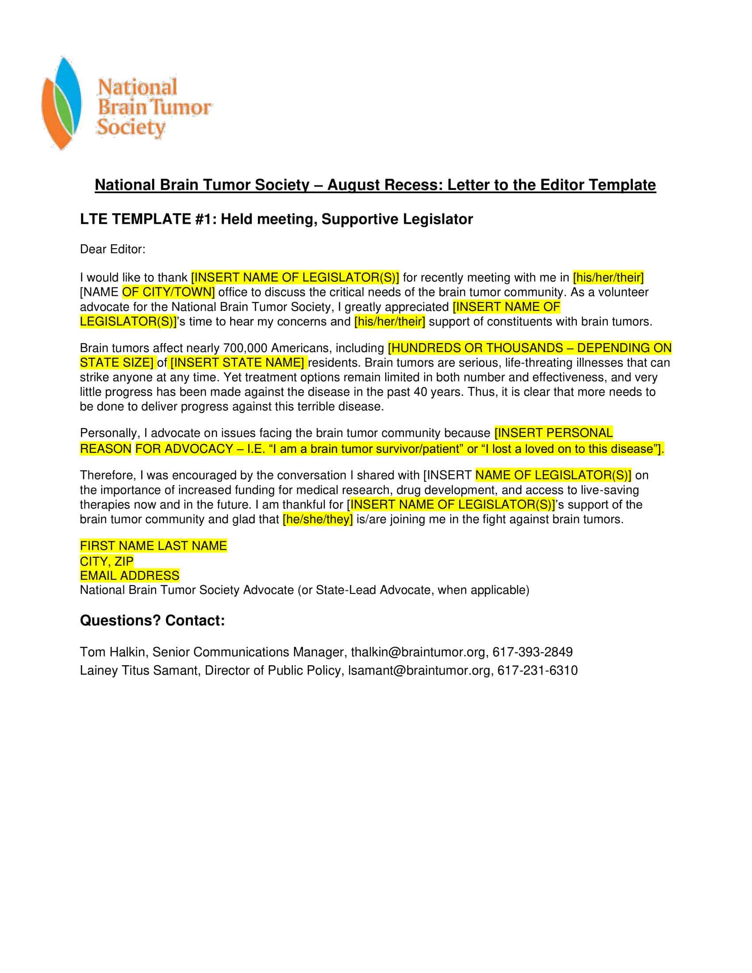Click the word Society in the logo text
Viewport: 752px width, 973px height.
131,127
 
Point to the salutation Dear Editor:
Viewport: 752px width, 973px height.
112,249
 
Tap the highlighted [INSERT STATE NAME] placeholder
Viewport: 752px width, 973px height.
238,363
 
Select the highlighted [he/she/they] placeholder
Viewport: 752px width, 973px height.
318,520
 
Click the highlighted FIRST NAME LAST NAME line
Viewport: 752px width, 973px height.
153,546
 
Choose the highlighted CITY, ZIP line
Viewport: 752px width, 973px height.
107,561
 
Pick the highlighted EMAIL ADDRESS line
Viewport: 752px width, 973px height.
130,575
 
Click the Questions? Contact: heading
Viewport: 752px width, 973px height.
152,621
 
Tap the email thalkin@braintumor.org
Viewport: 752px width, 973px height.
418,652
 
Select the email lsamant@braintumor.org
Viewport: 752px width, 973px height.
419,670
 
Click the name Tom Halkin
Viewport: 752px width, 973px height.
112,652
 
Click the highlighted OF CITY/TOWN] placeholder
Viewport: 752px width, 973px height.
169,292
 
